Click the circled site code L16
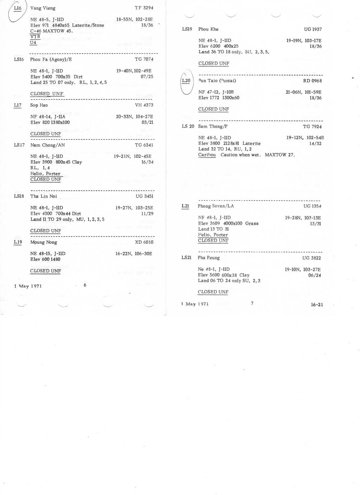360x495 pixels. point(18,8)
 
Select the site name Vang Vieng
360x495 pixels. point(43,8)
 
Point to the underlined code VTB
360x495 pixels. point(35,37)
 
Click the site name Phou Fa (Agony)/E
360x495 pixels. point(51,60)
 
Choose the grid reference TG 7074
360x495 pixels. point(144,60)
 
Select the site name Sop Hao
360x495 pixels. point(39,105)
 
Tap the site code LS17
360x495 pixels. point(19,145)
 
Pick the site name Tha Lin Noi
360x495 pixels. point(43,196)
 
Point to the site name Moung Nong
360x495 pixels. point(43,242)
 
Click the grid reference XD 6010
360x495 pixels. point(144,242)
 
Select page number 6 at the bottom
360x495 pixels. point(85,286)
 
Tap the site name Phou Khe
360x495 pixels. point(208,29)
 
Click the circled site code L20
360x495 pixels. point(186,81)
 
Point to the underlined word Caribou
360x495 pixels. point(207,155)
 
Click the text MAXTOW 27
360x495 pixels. point(280,155)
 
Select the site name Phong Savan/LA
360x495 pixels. point(215,206)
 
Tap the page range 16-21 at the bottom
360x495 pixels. point(317,305)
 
